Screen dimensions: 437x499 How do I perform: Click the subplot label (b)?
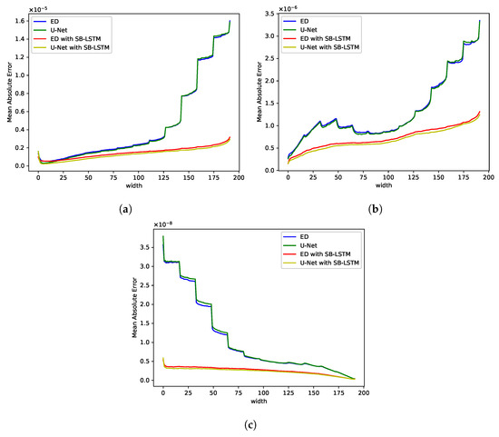click(x=375, y=208)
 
